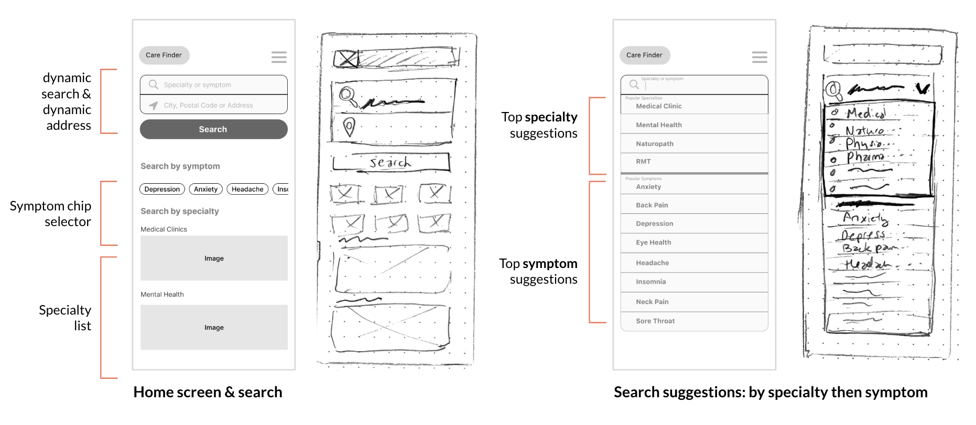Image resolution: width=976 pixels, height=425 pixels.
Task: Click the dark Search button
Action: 213,129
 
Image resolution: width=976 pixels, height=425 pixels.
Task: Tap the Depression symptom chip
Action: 162,189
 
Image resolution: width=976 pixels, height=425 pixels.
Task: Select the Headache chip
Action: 247,189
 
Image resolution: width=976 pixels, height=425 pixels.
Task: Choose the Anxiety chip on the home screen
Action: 205,189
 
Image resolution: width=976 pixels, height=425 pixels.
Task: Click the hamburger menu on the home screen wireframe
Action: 278,57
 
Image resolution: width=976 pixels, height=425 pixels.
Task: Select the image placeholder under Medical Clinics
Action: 214,258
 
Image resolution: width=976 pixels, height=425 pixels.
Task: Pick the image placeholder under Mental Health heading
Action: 214,327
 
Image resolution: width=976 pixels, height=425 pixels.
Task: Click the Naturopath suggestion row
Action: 694,143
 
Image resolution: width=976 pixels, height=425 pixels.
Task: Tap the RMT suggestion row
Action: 694,162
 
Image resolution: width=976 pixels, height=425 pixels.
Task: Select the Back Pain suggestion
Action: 694,205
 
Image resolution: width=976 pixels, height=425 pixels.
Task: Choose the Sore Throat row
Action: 694,321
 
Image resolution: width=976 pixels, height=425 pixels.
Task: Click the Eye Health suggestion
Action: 694,242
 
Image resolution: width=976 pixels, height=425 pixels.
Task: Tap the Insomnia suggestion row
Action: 694,282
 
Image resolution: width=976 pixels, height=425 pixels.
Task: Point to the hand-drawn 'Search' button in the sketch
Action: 391,162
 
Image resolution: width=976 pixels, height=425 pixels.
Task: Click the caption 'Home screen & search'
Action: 208,392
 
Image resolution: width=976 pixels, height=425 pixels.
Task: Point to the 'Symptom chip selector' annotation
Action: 51,214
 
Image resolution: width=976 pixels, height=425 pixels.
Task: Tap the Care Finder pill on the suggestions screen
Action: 644,55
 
